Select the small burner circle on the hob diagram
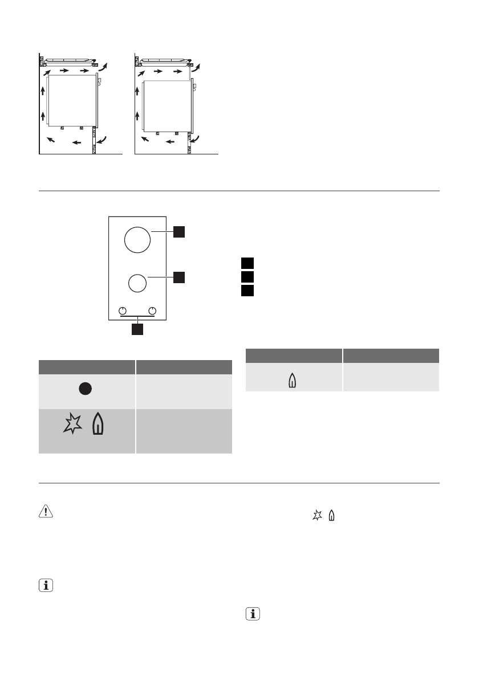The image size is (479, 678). coord(136,284)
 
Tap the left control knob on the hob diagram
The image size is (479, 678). coord(122,311)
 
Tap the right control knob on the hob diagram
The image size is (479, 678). coord(152,311)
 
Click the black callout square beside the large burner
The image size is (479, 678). coord(179,231)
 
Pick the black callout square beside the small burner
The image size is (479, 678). coord(179,277)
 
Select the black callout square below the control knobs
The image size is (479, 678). coord(137,329)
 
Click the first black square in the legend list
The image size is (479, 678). coord(246,263)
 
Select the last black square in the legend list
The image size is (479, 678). coord(246,291)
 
